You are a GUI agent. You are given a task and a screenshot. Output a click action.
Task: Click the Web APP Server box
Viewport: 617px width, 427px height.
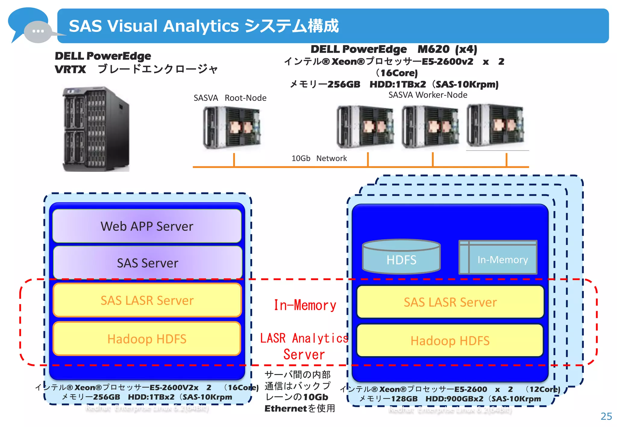[147, 226]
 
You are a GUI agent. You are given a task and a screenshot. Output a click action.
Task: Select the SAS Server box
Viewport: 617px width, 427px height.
[148, 263]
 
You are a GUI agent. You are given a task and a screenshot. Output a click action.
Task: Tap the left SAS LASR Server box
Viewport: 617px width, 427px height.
[147, 300]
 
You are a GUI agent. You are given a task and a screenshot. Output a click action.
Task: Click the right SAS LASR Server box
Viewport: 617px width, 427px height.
[450, 302]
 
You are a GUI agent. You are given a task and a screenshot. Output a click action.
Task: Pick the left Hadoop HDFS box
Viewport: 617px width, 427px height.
[147, 339]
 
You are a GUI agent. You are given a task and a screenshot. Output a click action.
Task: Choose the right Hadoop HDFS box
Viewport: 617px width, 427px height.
[450, 341]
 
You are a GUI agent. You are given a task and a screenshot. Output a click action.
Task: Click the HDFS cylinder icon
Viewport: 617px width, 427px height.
[401, 257]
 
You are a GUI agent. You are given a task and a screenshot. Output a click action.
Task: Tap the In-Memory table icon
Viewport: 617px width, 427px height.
[498, 257]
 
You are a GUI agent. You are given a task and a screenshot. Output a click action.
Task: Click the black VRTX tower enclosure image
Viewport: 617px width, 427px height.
[96, 129]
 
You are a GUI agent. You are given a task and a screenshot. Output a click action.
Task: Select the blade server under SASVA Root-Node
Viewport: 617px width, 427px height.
[231, 127]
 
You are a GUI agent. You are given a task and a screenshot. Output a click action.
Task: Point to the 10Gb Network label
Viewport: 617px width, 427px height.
[319, 158]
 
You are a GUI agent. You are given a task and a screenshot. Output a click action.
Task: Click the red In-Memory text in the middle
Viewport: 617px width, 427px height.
[305, 305]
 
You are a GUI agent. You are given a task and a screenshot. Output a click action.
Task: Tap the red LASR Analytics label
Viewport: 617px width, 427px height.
[304, 338]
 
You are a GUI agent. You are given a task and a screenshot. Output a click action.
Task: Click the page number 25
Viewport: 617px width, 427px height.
[606, 416]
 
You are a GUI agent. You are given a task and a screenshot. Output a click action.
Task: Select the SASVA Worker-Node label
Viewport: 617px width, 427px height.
[428, 95]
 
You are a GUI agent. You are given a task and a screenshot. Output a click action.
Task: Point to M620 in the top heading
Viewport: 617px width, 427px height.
[433, 49]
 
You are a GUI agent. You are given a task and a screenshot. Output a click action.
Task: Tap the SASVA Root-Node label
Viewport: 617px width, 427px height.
[230, 98]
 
